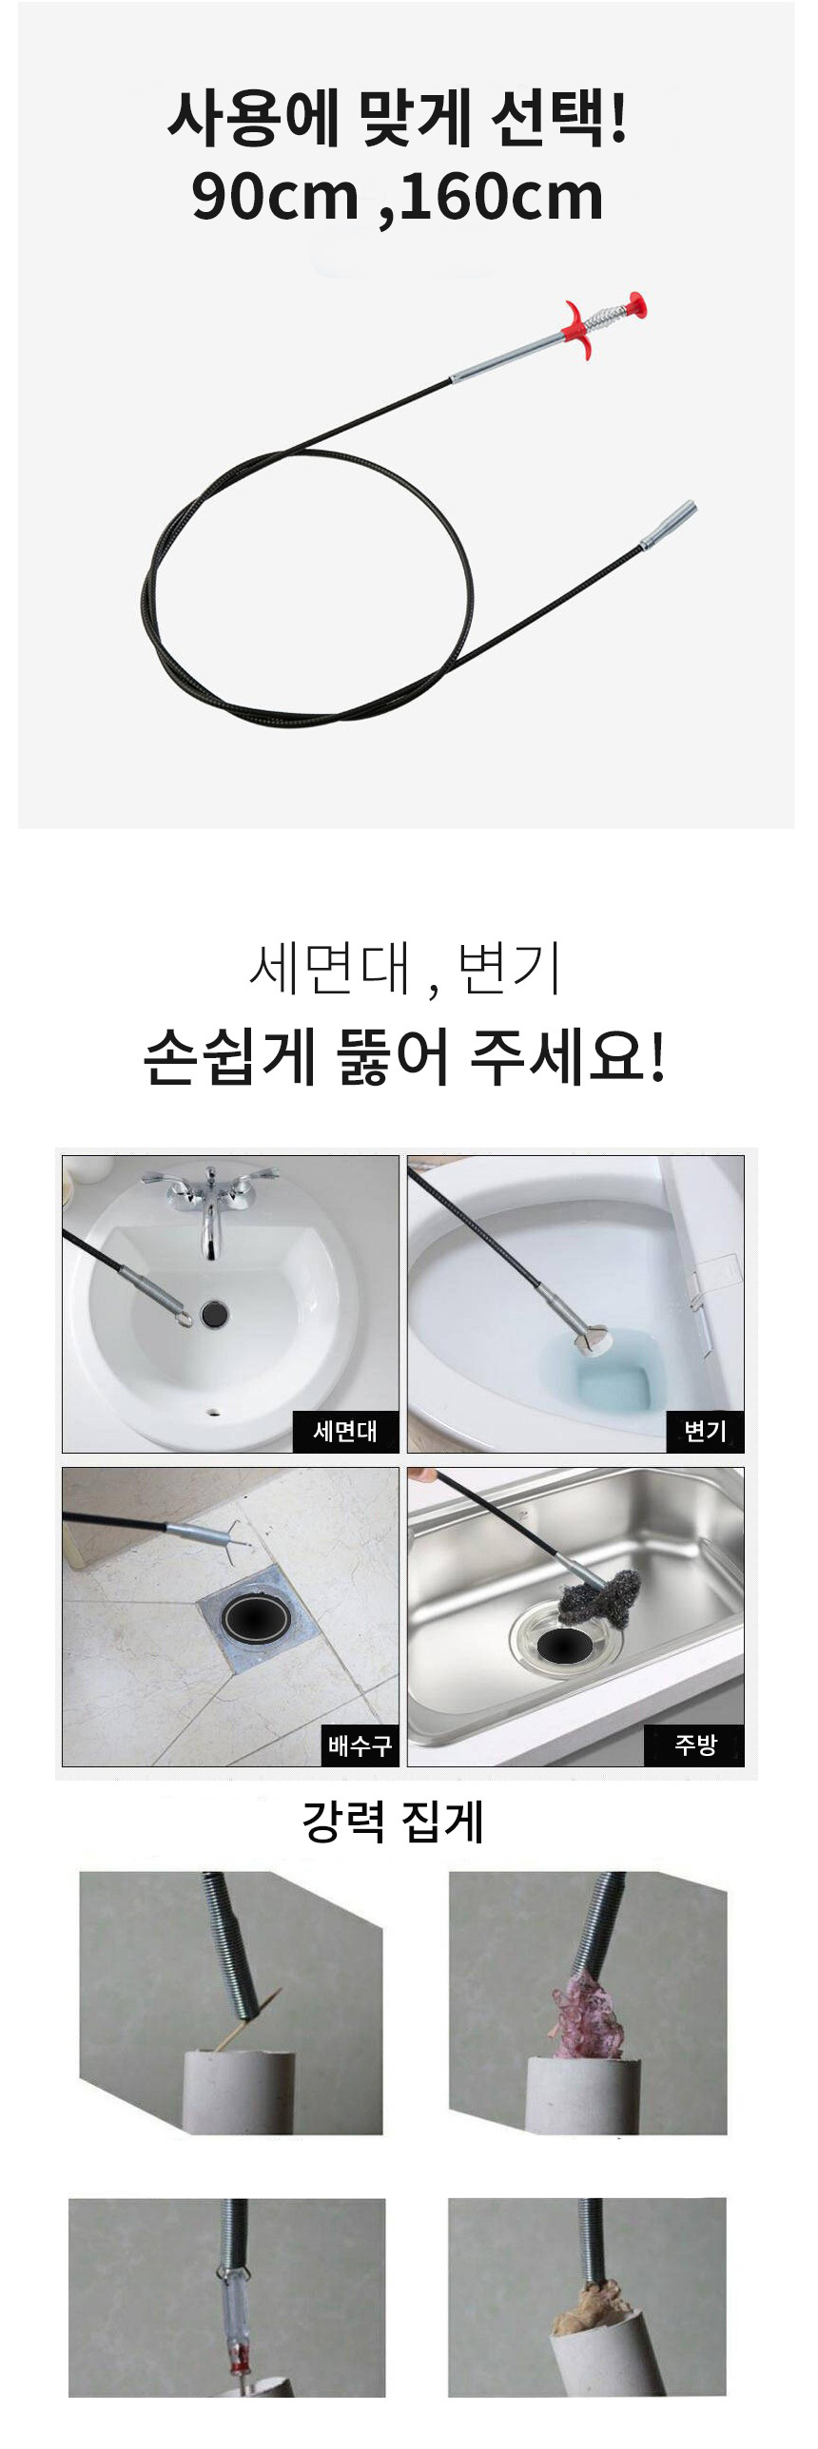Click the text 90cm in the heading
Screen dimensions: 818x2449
pyautogui.click(x=275, y=197)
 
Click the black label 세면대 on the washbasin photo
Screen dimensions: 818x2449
pyautogui.click(x=345, y=1430)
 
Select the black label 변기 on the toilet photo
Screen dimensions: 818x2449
pyautogui.click(x=705, y=1430)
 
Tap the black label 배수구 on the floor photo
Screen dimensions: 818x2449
pyautogui.click(x=360, y=1745)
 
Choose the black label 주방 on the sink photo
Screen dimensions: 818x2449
pyautogui.click(x=694, y=1745)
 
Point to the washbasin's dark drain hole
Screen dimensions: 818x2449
pyautogui.click(x=216, y=1315)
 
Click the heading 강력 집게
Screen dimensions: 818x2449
pyautogui.click(x=394, y=1821)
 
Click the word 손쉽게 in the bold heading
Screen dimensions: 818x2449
pyautogui.click(x=229, y=1057)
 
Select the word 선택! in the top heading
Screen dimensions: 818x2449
pyautogui.click(x=560, y=121)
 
